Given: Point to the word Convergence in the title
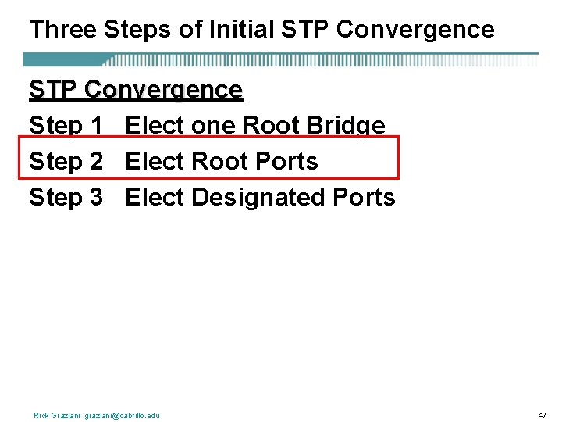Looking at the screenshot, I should point(417,30).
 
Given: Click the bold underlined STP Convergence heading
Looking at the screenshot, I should point(136,90).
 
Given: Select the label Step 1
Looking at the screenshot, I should point(66,126).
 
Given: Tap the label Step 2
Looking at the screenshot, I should point(66,162).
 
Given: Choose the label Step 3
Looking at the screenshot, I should point(66,198).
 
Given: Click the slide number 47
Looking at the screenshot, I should point(542,415).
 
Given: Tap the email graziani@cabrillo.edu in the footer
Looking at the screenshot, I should point(122,415).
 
